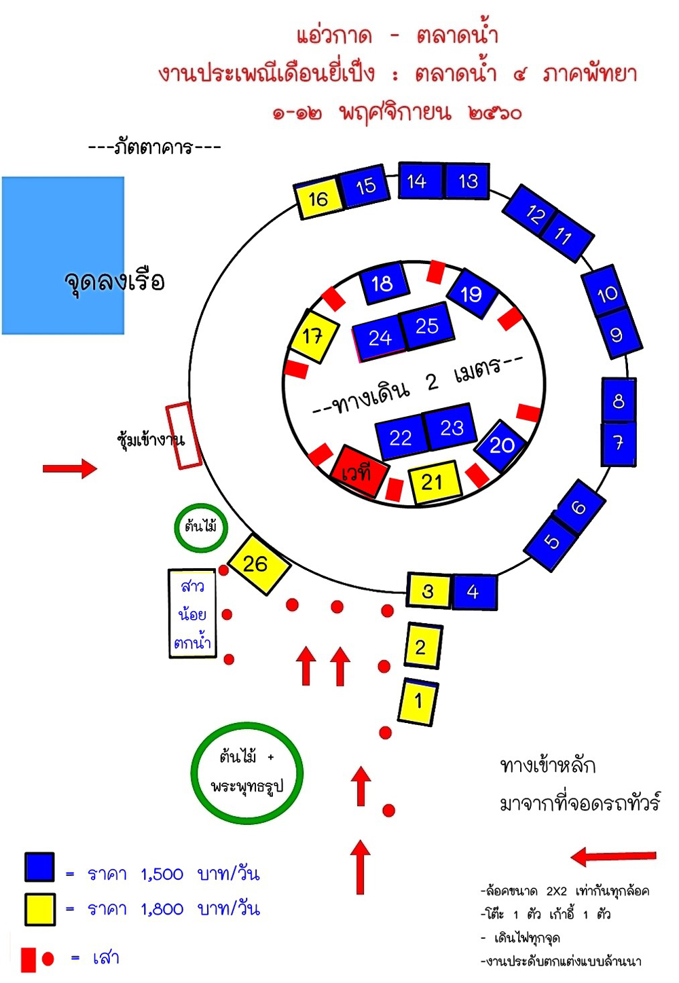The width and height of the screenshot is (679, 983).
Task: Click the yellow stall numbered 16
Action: [x=318, y=198]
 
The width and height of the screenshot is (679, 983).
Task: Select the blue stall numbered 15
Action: [x=365, y=185]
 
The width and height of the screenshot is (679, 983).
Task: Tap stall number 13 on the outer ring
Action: [x=467, y=181]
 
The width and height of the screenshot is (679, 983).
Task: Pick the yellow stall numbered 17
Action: [x=312, y=335]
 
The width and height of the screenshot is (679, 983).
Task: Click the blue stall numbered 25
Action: [x=426, y=326]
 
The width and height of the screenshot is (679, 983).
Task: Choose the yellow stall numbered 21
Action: [x=433, y=482]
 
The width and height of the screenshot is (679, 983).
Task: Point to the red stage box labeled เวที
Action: [x=359, y=471]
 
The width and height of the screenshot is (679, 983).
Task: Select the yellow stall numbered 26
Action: [x=257, y=563]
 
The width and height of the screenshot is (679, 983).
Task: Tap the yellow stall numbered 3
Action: [x=428, y=591]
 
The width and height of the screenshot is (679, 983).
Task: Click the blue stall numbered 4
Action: [x=473, y=592]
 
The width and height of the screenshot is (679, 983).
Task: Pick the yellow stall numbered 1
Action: [x=418, y=702]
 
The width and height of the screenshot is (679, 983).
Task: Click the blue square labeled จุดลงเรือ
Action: [x=63, y=255]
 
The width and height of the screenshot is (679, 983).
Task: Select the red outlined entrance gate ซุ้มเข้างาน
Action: [x=183, y=435]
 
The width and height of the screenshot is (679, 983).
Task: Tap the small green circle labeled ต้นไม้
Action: [x=201, y=527]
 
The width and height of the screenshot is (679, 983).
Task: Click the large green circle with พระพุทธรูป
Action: [x=246, y=773]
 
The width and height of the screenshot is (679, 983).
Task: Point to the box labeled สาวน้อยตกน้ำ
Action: [x=192, y=614]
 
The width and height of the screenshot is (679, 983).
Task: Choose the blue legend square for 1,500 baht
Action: [x=39, y=868]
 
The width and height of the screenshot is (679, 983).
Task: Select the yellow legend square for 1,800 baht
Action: [x=39, y=909]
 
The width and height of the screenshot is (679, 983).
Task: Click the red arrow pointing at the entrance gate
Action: [x=70, y=468]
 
